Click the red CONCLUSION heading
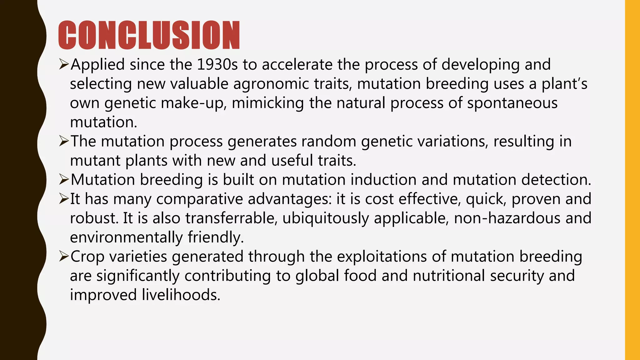149,35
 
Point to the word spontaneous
512,103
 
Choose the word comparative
199,199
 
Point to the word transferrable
231,218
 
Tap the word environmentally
126,237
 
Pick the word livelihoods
181,295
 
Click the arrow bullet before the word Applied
64,65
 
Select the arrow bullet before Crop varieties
64,257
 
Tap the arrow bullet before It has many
64,199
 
